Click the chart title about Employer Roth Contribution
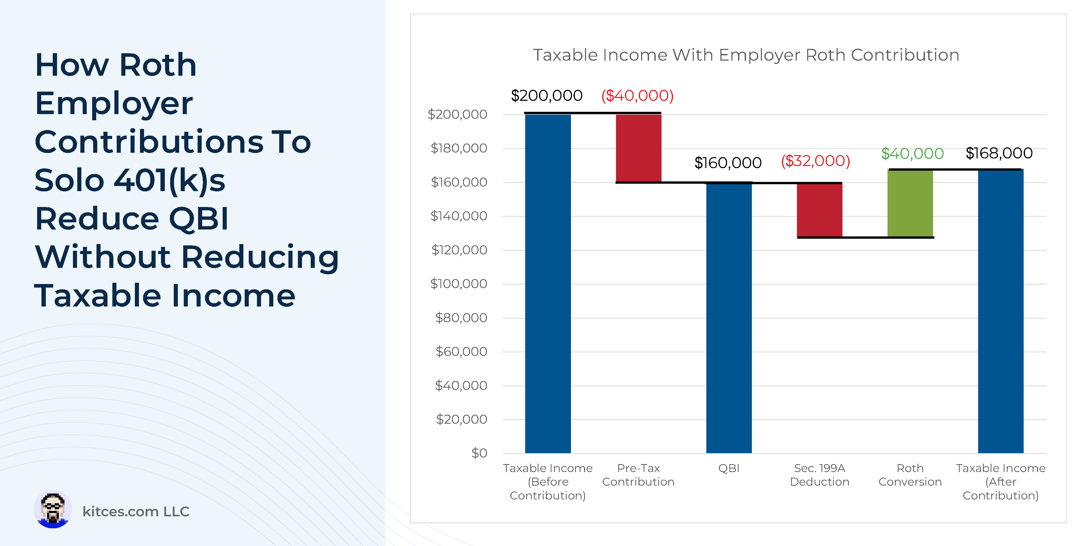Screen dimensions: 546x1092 click(x=746, y=55)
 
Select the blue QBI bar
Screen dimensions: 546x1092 click(x=729, y=318)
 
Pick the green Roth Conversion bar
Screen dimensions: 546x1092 click(x=910, y=203)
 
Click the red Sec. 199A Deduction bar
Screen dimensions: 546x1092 click(x=819, y=210)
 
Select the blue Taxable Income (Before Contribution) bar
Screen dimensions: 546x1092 click(x=548, y=284)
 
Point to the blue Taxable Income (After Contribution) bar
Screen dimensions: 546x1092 click(x=1000, y=312)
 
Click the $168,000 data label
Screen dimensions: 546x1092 click(x=999, y=153)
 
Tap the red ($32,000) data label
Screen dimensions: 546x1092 click(x=815, y=161)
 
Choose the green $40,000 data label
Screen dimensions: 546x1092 click(x=912, y=154)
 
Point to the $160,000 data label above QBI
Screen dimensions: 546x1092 click(x=728, y=163)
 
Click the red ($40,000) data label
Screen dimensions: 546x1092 click(x=637, y=96)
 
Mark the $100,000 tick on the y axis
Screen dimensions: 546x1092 click(x=459, y=283)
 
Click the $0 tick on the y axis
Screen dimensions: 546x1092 click(x=479, y=453)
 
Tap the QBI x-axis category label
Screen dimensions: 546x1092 click(x=729, y=468)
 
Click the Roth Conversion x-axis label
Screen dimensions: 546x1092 click(x=910, y=475)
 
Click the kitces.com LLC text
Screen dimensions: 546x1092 click(x=136, y=512)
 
